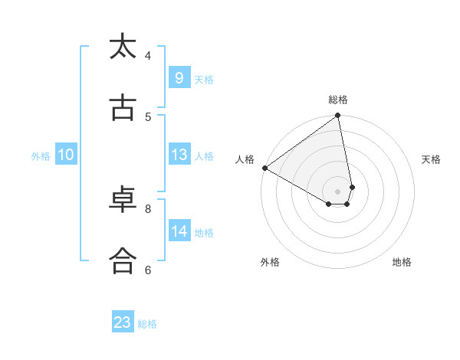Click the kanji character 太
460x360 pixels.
pyautogui.click(x=123, y=47)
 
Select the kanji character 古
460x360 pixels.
pyautogui.click(x=123, y=108)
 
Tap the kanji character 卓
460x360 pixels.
pyautogui.click(x=123, y=200)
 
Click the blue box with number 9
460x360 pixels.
pyautogui.click(x=179, y=78)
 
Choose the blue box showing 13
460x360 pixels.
pyautogui.click(x=179, y=155)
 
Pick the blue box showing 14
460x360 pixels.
pyautogui.click(x=179, y=231)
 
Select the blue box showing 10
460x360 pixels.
pyautogui.click(x=66, y=155)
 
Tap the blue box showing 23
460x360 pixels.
pyautogui.click(x=123, y=322)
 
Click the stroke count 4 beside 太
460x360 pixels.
pyautogui.click(x=148, y=55)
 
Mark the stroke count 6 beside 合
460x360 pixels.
pyautogui.click(x=148, y=270)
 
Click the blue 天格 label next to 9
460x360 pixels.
pyautogui.click(x=204, y=79)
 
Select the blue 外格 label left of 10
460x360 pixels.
pyautogui.click(x=41, y=155)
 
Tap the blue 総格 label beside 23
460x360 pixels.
pyautogui.click(x=147, y=323)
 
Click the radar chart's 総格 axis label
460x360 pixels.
pyautogui.click(x=338, y=100)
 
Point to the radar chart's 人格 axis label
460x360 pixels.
pyautogui.click(x=245, y=159)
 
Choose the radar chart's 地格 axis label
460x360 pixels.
pyautogui.click(x=402, y=262)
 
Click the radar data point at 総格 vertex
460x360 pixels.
pyautogui.click(x=338, y=116)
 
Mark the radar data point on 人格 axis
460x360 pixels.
pyautogui.click(x=264, y=168)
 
